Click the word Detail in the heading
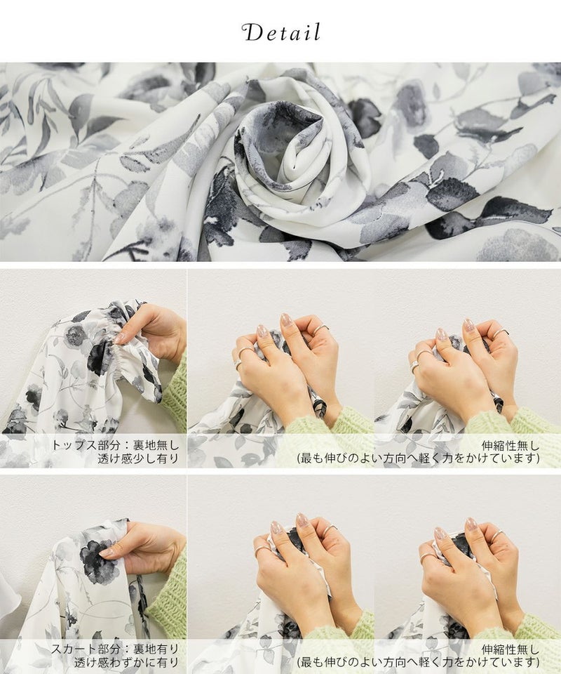coord(281,33)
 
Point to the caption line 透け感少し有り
coord(137,458)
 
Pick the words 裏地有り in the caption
coord(156,649)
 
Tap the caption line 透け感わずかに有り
coord(126,662)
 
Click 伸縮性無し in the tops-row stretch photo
coord(511,445)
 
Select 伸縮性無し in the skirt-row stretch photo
coord(511,649)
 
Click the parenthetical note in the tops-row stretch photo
coord(419,458)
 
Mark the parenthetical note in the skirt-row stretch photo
coord(419,662)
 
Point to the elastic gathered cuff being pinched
coord(122,344)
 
